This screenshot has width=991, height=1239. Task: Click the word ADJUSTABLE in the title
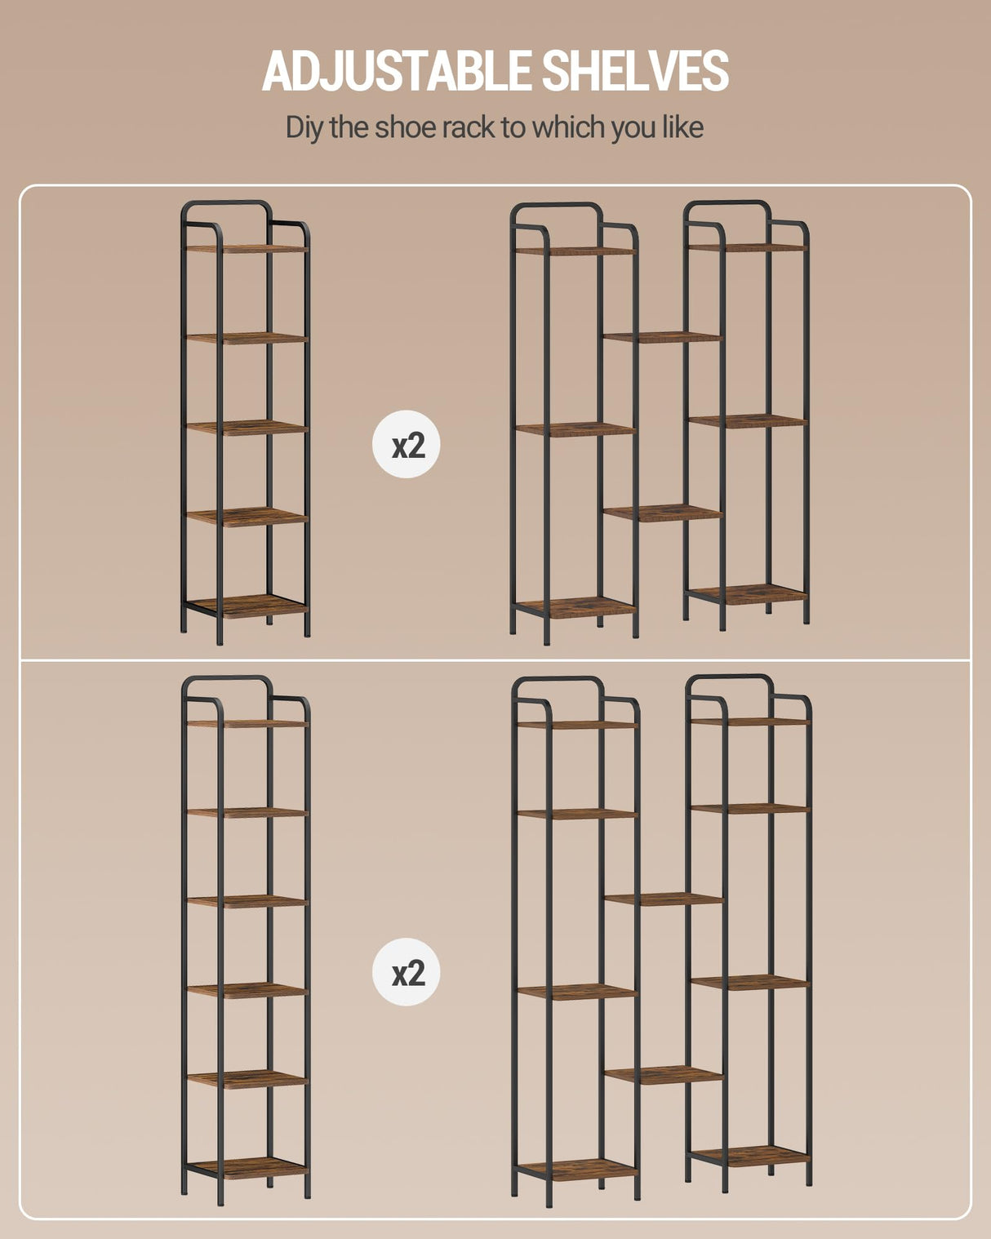(x=396, y=70)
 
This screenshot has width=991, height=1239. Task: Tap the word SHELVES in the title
(x=636, y=70)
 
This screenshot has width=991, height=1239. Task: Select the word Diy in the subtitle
(x=304, y=128)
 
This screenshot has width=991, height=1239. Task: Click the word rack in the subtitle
(x=469, y=127)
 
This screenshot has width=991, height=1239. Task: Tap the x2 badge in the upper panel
(x=407, y=445)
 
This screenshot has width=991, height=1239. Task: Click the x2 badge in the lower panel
(x=407, y=972)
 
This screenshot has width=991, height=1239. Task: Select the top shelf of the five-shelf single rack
(x=247, y=249)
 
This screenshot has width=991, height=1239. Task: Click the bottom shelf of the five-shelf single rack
(x=247, y=606)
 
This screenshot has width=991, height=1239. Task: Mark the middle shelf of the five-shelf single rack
(x=247, y=427)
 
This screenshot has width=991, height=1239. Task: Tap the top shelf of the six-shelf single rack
(x=247, y=723)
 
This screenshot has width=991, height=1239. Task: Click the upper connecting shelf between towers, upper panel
(x=662, y=337)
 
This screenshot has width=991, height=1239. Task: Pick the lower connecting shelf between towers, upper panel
(x=662, y=513)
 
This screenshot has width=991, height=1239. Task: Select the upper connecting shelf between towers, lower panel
(x=664, y=899)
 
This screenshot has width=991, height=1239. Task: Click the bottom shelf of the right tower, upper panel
(x=748, y=594)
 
